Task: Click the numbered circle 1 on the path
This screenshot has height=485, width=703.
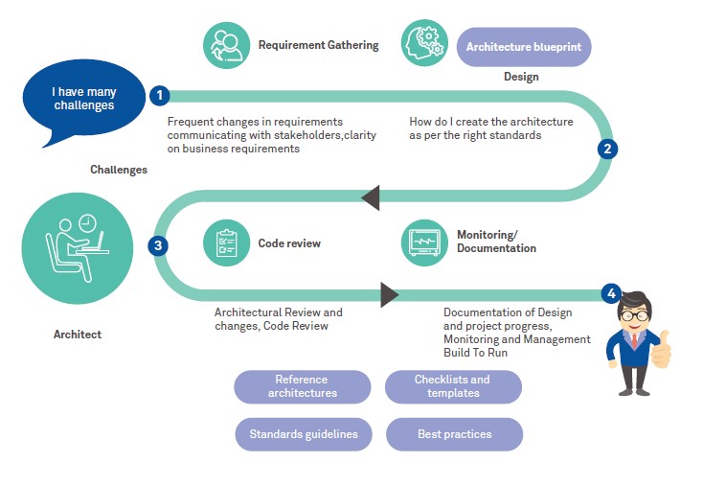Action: pyautogui.click(x=160, y=95)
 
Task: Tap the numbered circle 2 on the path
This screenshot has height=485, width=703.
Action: pyautogui.click(x=606, y=149)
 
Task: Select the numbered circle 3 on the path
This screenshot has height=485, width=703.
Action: pyautogui.click(x=159, y=244)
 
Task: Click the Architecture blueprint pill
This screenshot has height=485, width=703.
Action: pyautogui.click(x=524, y=46)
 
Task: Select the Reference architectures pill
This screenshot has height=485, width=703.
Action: pyautogui.click(x=303, y=386)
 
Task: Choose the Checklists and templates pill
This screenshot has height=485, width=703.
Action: pyautogui.click(x=453, y=386)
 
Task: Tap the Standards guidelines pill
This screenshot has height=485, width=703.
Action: pyautogui.click(x=304, y=434)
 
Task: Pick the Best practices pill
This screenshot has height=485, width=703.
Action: pyautogui.click(x=455, y=434)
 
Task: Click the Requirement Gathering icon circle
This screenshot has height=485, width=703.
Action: pyautogui.click(x=226, y=45)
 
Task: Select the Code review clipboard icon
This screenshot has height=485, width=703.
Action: pyautogui.click(x=227, y=242)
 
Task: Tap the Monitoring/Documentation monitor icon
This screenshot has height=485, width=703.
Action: pyautogui.click(x=424, y=242)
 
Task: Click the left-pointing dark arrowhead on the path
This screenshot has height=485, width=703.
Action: pyautogui.click(x=371, y=197)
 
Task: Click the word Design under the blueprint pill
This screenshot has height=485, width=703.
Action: pyautogui.click(x=521, y=77)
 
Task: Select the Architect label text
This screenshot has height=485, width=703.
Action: pyautogui.click(x=78, y=335)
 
